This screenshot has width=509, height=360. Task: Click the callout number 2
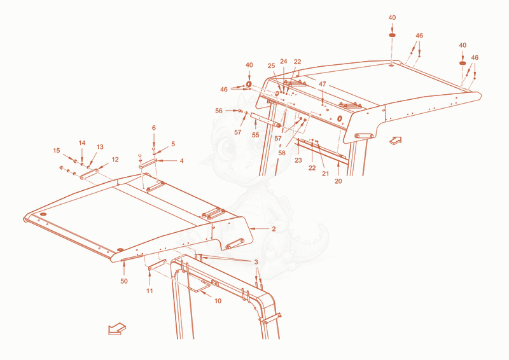[x=274, y=229]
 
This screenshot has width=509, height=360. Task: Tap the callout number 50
[x=124, y=281]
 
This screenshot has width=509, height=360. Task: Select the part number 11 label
[x=150, y=291]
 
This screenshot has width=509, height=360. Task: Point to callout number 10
[x=218, y=301]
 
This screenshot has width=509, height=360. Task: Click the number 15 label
[x=57, y=151]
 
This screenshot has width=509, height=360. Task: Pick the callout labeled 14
[x=82, y=143]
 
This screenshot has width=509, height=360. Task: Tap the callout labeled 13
[x=100, y=147]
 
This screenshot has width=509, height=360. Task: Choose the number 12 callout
[x=115, y=160]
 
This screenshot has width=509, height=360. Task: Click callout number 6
[x=154, y=128]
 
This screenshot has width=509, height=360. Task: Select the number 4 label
[x=182, y=161]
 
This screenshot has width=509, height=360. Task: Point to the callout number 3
[x=256, y=262]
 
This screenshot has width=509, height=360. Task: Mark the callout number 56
[x=219, y=111]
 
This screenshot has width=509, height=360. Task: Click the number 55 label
[x=256, y=135]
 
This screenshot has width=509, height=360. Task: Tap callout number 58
[x=282, y=153]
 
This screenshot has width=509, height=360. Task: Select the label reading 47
[x=322, y=84]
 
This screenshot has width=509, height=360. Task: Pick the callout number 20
[x=338, y=181]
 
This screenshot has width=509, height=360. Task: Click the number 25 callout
[x=272, y=66]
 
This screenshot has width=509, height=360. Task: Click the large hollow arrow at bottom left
[x=117, y=329]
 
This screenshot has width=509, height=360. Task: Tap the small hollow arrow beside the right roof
[x=396, y=140]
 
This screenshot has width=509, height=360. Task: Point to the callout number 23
[x=298, y=160]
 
